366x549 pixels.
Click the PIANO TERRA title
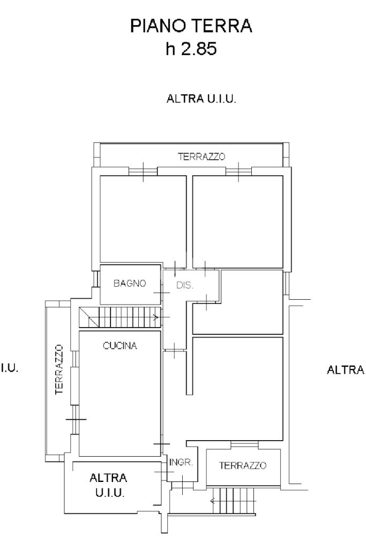191,26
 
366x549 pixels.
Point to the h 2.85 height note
191,48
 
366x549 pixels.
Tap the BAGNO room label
130,283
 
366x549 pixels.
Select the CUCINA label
119,346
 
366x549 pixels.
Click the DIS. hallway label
184,285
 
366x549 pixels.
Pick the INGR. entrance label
181,462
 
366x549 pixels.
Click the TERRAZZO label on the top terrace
201,157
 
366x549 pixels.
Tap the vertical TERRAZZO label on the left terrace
59,369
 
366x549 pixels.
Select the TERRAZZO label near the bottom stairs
243,465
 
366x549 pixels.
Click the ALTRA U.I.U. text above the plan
201,99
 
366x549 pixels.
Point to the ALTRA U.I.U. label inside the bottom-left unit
109,485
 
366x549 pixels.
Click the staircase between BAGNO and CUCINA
120,317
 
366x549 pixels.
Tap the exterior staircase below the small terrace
234,501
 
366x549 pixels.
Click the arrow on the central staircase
156,317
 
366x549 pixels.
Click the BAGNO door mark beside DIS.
162,292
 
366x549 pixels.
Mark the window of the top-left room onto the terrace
143,172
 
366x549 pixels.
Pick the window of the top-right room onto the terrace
238,172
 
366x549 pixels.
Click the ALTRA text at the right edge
346,370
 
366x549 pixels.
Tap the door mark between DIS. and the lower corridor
174,351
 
